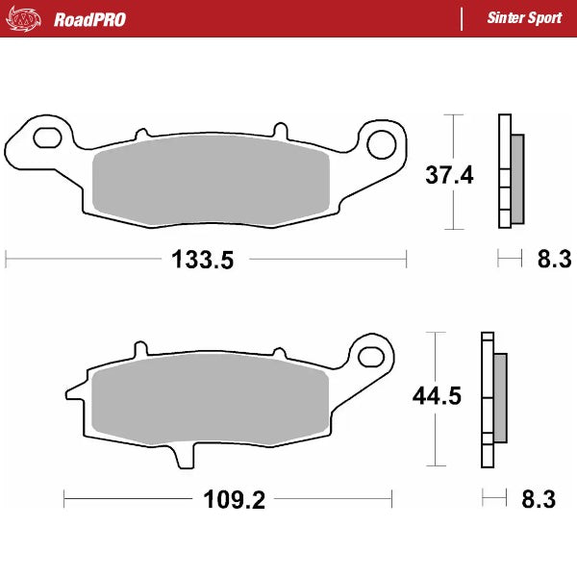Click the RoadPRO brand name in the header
[x=89, y=18]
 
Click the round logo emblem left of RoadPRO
[x=28, y=18]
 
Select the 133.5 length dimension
[x=202, y=259]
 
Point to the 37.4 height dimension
[x=450, y=174]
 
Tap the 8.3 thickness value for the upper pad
[x=553, y=259]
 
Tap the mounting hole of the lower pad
[x=370, y=354]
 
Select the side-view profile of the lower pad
[x=492, y=396]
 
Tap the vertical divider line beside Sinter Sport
[x=464, y=18]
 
